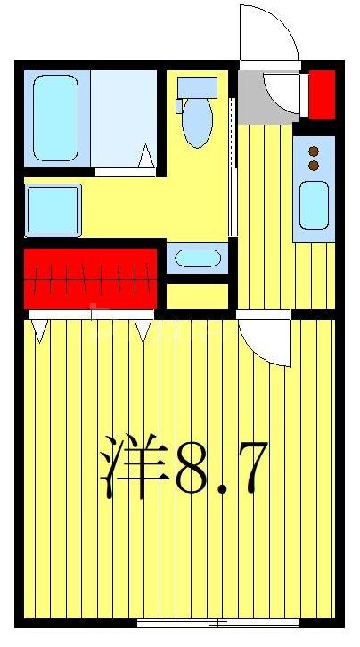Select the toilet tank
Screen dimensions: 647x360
[x=197, y=87]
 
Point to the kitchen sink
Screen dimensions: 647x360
[x=314, y=204]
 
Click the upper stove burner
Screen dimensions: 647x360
[x=314, y=151]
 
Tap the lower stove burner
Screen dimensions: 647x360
[x=314, y=165]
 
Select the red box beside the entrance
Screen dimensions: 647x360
[x=321, y=94]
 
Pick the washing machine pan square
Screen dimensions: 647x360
[x=53, y=210]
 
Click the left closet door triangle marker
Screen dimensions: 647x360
[x=38, y=332]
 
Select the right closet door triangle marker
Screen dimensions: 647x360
[x=144, y=332]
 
